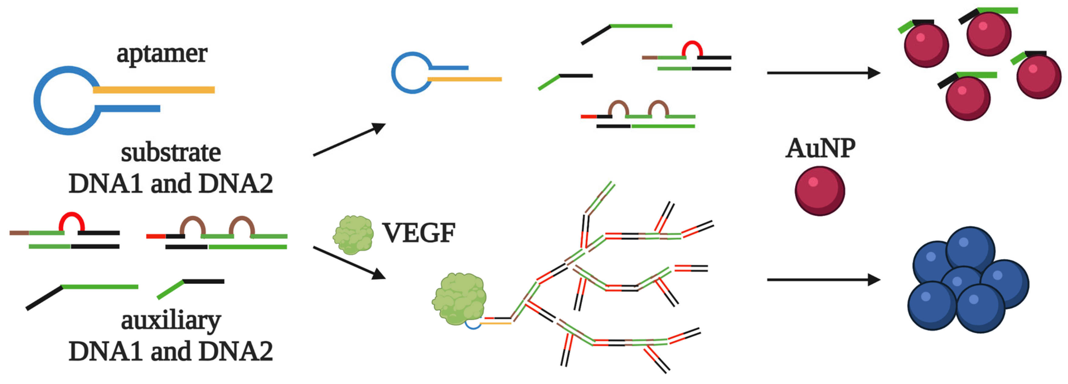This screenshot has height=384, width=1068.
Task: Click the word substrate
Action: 171,153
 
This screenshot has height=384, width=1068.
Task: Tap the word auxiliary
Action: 171,321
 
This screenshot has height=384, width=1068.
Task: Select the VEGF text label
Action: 418,233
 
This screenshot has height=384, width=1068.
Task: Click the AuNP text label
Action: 820,148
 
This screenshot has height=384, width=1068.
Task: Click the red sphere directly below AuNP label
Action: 820,191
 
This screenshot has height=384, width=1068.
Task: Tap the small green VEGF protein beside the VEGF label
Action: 353,234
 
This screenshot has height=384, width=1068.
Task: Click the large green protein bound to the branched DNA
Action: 458,298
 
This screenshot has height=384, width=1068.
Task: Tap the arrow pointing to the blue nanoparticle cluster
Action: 823,280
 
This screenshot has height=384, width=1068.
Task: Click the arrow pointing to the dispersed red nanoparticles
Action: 823,73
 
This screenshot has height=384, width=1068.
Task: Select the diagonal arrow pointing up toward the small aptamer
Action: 349,140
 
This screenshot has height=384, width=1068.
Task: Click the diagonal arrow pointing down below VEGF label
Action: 349,263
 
